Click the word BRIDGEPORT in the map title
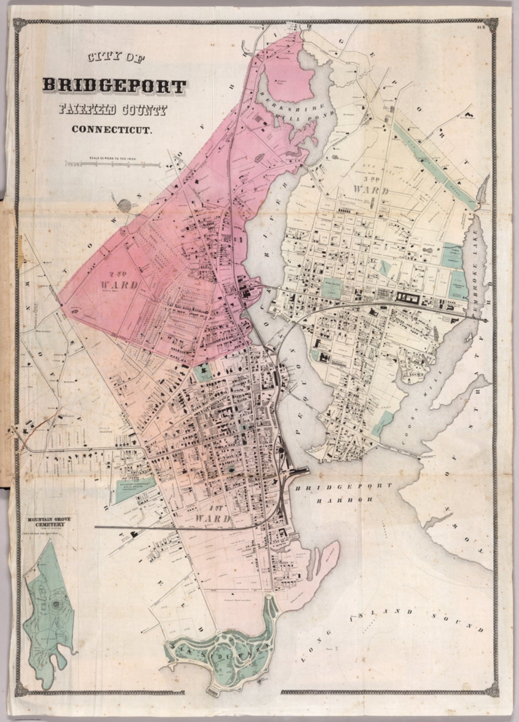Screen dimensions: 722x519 pos(114,86)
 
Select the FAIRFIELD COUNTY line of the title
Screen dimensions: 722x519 pos(112,110)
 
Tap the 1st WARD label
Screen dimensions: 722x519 pos(213,515)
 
